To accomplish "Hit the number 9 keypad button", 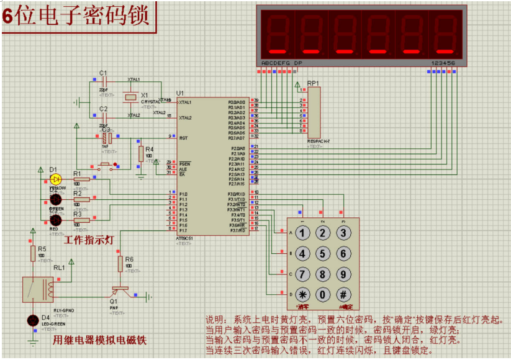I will pyautogui.click(x=342, y=274).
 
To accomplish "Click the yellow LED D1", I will pyautogui.click(x=55, y=179).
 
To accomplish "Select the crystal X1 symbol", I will pyautogui.click(x=130, y=97).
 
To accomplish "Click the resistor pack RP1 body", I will pyautogui.click(x=314, y=112).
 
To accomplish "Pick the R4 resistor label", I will pyautogui.click(x=149, y=150).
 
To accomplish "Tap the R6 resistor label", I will pyautogui.click(x=129, y=259).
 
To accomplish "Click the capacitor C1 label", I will pyautogui.click(x=104, y=73).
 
